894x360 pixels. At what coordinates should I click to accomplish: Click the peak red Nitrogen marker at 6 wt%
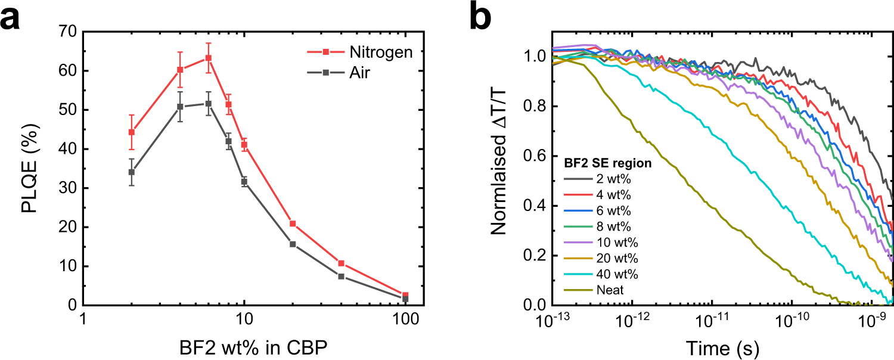[208, 58]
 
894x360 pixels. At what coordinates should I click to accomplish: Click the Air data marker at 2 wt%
[131, 172]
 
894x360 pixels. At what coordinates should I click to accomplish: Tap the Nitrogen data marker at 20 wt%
[293, 224]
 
